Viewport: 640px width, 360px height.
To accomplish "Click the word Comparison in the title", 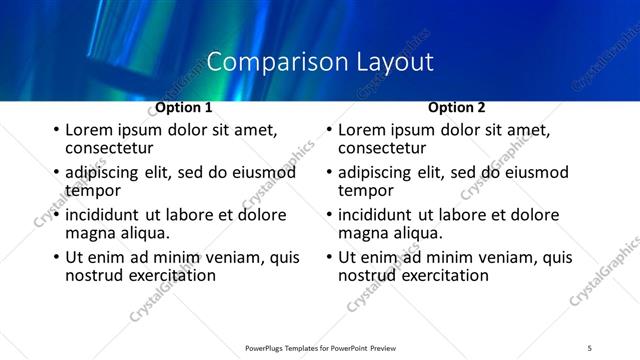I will click(266, 62).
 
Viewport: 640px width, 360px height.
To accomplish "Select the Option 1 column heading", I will click(184, 107).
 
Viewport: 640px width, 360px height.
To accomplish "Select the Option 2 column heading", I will click(457, 107).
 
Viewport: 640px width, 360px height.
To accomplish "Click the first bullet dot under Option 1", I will click(55, 130).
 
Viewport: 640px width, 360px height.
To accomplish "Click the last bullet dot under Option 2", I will click(328, 257).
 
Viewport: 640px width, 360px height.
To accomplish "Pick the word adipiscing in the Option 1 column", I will click(104, 172).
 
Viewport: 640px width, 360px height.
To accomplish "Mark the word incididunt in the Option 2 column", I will click(380, 215).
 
